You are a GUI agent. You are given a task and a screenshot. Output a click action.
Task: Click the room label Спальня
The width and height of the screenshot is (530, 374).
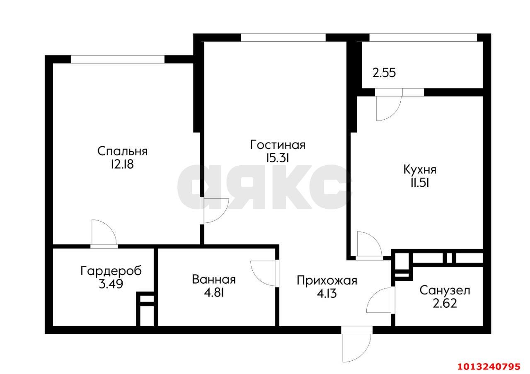click(x=122, y=151)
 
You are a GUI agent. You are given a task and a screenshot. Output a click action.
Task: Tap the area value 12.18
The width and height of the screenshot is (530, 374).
click(x=122, y=164)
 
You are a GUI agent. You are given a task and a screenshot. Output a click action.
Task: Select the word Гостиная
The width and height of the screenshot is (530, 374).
click(x=278, y=145)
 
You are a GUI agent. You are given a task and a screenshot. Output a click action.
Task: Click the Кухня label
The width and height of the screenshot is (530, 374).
click(x=419, y=169)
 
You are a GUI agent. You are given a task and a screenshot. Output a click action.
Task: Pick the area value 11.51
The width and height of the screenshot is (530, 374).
click(x=419, y=183)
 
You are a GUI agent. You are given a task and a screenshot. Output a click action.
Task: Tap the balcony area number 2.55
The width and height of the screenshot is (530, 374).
click(x=384, y=73)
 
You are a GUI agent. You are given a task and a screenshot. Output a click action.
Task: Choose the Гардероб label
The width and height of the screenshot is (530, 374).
click(x=111, y=271)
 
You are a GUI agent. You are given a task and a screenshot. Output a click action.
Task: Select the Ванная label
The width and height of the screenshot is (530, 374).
click(x=214, y=280)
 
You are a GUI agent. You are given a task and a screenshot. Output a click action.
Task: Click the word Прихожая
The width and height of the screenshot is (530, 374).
click(x=327, y=280)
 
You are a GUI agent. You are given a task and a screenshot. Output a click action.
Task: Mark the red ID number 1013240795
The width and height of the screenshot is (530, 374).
click(x=488, y=367)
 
